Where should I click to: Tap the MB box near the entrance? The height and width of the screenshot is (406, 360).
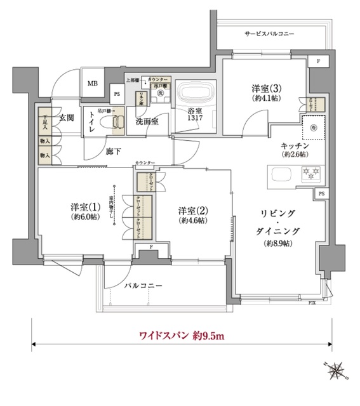(93, 83)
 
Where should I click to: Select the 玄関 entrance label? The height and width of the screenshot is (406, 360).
(67, 117)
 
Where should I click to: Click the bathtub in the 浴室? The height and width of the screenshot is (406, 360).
(194, 95)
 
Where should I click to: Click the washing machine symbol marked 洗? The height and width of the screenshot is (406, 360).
(161, 93)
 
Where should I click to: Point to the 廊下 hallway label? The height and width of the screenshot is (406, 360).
(114, 151)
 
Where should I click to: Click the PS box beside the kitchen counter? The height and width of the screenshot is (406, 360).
(322, 193)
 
